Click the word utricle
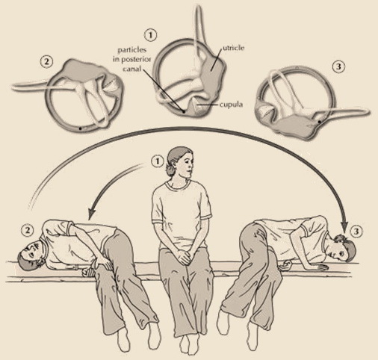(233, 48)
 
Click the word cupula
(231, 105)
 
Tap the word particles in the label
(132, 50)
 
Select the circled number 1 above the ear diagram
(151, 35)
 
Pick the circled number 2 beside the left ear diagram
(46, 62)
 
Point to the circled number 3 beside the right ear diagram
(338, 66)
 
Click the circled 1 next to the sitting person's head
(158, 162)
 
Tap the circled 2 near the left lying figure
(28, 230)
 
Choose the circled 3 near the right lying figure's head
(356, 232)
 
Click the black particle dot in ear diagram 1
(184, 111)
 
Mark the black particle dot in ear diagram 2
(80, 128)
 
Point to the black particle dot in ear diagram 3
(319, 122)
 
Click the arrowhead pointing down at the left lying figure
(92, 213)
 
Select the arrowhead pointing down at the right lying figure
(345, 225)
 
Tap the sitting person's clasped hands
(183, 255)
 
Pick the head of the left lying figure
(31, 256)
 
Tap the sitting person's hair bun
(170, 170)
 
